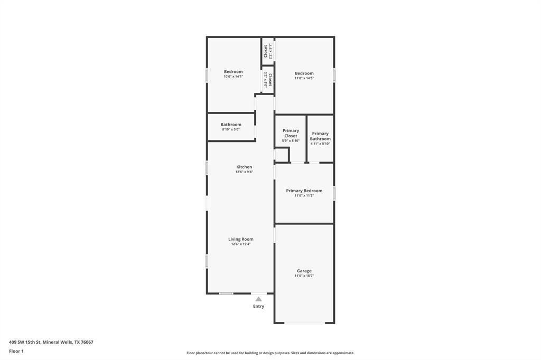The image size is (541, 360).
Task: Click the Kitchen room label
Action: pos(244,167)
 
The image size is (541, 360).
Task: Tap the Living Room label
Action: pos(240,239)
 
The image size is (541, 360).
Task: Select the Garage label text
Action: pos(304,271)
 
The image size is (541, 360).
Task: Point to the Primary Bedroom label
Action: pos(304,191)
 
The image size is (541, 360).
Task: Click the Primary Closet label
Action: pos(291,133)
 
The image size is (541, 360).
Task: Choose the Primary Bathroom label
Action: pos(320,136)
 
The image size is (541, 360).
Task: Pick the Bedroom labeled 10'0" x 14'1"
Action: pos(233,72)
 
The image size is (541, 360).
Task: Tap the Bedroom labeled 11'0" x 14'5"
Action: pos(304,73)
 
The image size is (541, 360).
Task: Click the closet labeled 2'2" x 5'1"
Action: pos(267,51)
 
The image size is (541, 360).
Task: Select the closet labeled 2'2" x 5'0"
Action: pos(268,80)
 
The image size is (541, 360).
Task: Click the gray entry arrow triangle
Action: pos(258,299)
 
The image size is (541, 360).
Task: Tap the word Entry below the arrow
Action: pos(258,306)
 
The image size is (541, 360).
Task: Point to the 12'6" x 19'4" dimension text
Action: pos(240,244)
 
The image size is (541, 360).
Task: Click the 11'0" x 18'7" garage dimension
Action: pos(304,276)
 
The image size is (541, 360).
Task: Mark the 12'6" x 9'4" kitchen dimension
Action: pos(244,172)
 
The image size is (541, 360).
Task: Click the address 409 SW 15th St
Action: pos(51,342)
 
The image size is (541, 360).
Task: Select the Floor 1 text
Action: pos(16,351)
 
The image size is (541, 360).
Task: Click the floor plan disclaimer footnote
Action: pos(270,353)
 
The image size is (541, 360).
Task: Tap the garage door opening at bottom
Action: pos(304,323)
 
